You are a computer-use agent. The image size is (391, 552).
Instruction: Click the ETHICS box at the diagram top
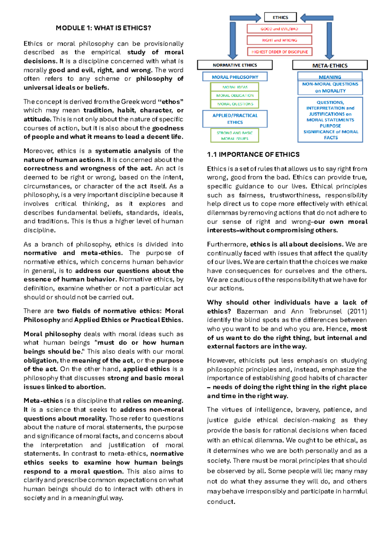pyautogui.click(x=280, y=17)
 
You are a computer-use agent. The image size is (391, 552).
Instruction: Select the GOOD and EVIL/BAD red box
pyautogui.click(x=279, y=29)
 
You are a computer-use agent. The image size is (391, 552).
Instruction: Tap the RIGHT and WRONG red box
pyautogui.click(x=279, y=40)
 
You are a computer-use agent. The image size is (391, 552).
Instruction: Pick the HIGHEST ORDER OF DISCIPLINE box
pyautogui.click(x=279, y=52)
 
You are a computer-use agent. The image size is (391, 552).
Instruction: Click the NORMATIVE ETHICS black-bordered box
pyautogui.click(x=235, y=65)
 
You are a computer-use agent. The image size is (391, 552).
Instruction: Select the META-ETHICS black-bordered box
pyautogui.click(x=330, y=65)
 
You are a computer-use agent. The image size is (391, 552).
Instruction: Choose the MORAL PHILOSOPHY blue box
pyautogui.click(x=235, y=77)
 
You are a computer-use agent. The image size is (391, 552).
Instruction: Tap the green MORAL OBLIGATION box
pyautogui.click(x=235, y=95)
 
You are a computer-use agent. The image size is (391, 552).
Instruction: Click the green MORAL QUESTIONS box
pyautogui.click(x=235, y=104)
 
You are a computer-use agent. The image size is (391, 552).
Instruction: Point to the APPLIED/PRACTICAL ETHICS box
pyautogui.click(x=235, y=119)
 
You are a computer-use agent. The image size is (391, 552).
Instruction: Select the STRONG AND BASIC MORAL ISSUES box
pyautogui.click(x=235, y=135)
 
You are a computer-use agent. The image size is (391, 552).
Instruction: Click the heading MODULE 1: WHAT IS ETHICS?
pyautogui.click(x=103, y=28)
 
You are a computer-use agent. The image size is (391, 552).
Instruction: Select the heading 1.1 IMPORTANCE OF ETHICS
pyautogui.click(x=253, y=155)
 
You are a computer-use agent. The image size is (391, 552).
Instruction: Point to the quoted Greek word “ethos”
pyautogui.click(x=170, y=102)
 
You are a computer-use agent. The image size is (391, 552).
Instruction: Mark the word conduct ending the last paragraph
pyautogui.click(x=221, y=502)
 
